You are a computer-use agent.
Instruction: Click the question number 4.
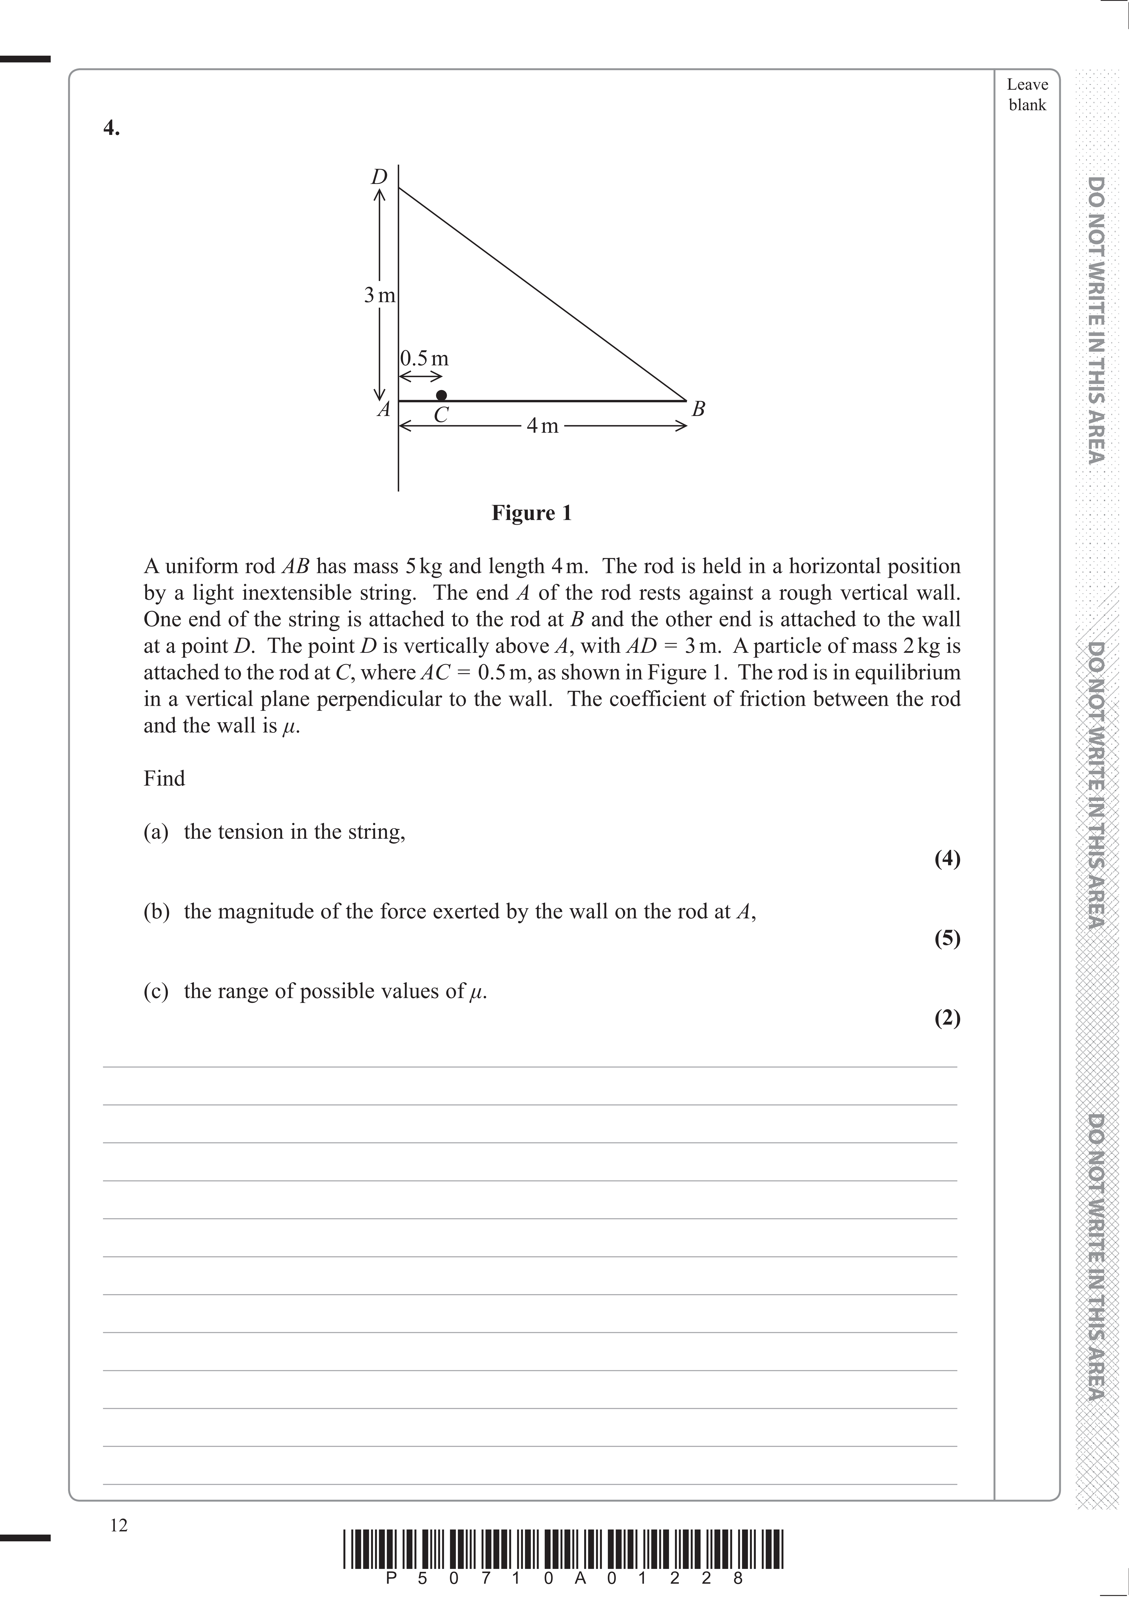(x=111, y=129)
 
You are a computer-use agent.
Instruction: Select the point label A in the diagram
(x=383, y=410)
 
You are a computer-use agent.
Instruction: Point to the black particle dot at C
(x=441, y=395)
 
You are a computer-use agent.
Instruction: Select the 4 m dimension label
(x=543, y=426)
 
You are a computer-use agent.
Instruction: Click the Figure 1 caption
(x=532, y=513)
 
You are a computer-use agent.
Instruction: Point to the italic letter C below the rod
(x=441, y=415)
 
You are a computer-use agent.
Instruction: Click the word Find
(x=164, y=778)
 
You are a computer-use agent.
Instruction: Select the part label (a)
(x=156, y=832)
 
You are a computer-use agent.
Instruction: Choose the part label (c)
(x=156, y=990)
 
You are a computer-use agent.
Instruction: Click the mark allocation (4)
(x=947, y=859)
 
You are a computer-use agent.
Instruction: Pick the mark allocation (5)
(x=947, y=938)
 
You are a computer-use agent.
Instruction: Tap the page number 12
(x=119, y=1525)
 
